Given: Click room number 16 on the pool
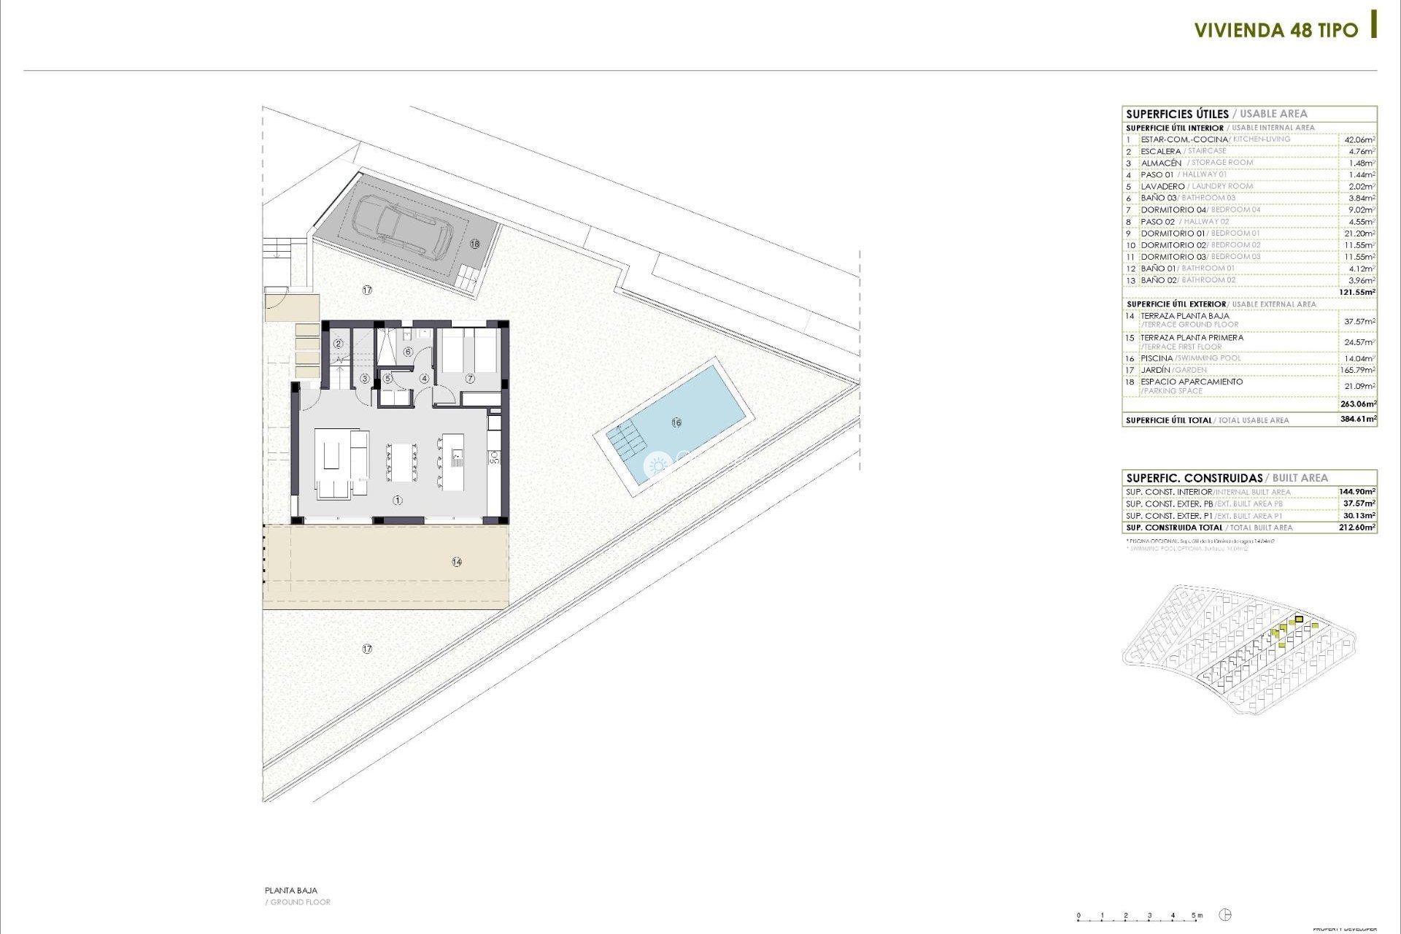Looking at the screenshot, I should (x=676, y=422).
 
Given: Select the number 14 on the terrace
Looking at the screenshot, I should (x=457, y=562).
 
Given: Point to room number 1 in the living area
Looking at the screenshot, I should (x=398, y=501).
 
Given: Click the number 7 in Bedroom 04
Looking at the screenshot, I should (x=470, y=379).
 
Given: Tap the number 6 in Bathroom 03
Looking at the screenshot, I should (x=408, y=352).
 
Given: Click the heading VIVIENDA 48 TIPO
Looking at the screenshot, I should (x=1275, y=31).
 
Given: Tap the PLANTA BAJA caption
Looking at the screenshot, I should (x=291, y=890).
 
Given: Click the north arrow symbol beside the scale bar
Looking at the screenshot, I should (x=1226, y=915).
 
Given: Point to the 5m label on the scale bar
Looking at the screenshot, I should (x=1197, y=915).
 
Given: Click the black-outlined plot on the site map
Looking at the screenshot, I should (x=1299, y=620).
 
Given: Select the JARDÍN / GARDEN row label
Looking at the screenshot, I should (x=1173, y=370).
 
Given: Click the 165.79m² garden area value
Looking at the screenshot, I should (x=1357, y=370).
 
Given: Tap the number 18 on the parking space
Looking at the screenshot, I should (x=475, y=244).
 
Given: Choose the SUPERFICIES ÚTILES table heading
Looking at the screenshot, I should (x=1177, y=114).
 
